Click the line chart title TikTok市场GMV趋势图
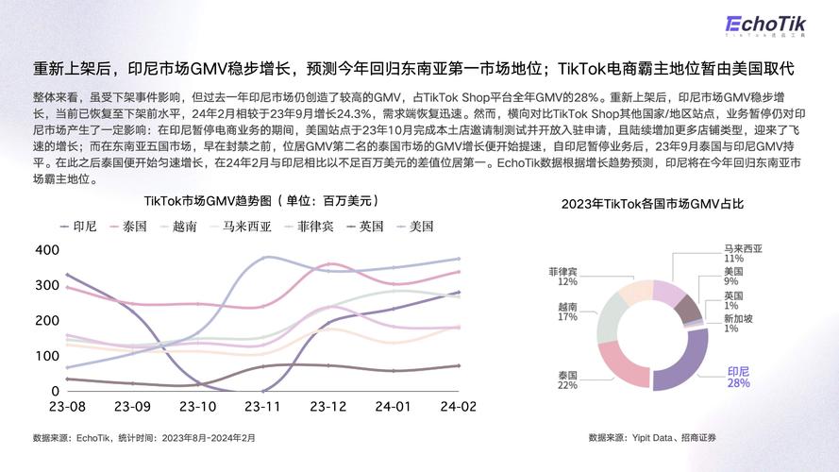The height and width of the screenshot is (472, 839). point(260,200)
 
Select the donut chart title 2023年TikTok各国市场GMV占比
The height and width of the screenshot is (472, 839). point(652,203)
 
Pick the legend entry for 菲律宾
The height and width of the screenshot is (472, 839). point(309,227)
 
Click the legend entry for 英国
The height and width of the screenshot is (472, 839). point(364,227)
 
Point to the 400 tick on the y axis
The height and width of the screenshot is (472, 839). point(46,250)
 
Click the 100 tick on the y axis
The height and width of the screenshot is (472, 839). point(46,356)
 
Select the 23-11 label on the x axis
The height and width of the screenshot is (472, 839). point(262,407)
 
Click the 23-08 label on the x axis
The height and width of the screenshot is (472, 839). point(67,407)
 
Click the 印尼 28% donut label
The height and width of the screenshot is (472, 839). point(738,378)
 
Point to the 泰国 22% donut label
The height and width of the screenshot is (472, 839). point(567,379)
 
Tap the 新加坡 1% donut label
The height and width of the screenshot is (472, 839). point(738,323)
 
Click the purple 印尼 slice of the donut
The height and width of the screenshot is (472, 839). point(687,363)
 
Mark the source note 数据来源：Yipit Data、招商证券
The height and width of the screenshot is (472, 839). point(652,437)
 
